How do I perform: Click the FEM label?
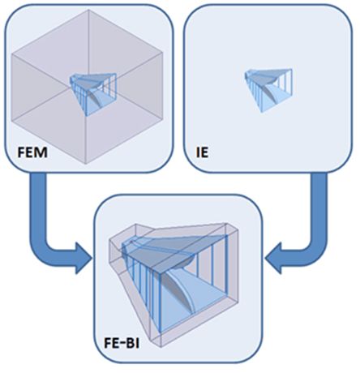tap(32, 152)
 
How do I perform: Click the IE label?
tap(202, 152)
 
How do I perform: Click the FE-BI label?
tap(122, 344)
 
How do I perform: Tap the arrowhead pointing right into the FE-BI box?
tap(83, 259)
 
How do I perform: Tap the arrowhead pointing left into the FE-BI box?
tap(273, 259)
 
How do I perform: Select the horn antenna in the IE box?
tap(268, 90)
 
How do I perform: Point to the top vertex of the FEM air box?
tap(88, 10)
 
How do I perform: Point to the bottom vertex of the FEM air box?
tap(86, 164)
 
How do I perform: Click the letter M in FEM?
tap(41, 152)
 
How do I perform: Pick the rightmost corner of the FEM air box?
tap(163, 52)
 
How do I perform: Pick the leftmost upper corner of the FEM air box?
tap(11, 54)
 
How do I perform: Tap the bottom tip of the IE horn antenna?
tap(262, 112)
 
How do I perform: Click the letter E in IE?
tap(204, 152)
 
